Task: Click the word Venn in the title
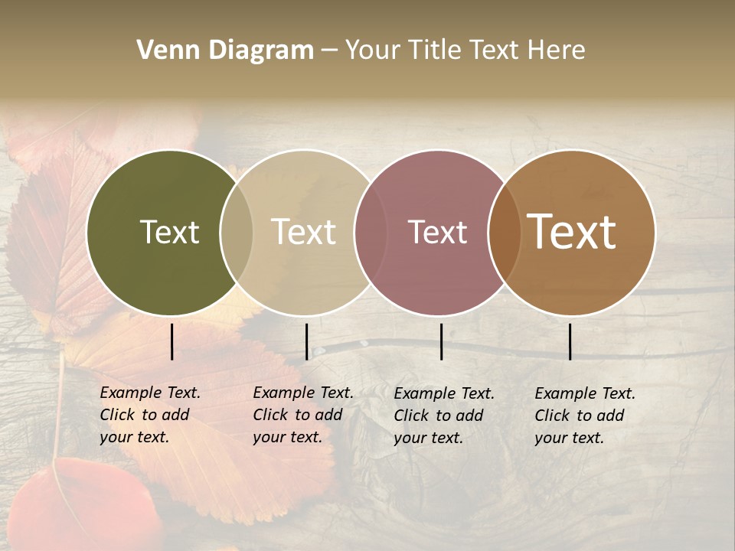click(163, 51)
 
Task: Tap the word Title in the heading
click(433, 51)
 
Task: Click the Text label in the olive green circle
click(169, 233)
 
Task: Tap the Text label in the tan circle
click(303, 233)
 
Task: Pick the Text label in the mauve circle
click(437, 233)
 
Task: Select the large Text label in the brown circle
click(571, 233)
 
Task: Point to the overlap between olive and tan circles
click(237, 233)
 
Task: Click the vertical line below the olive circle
click(172, 341)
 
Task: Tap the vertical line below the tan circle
click(306, 341)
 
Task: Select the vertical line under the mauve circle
click(442, 341)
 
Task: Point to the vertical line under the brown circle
click(570, 341)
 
